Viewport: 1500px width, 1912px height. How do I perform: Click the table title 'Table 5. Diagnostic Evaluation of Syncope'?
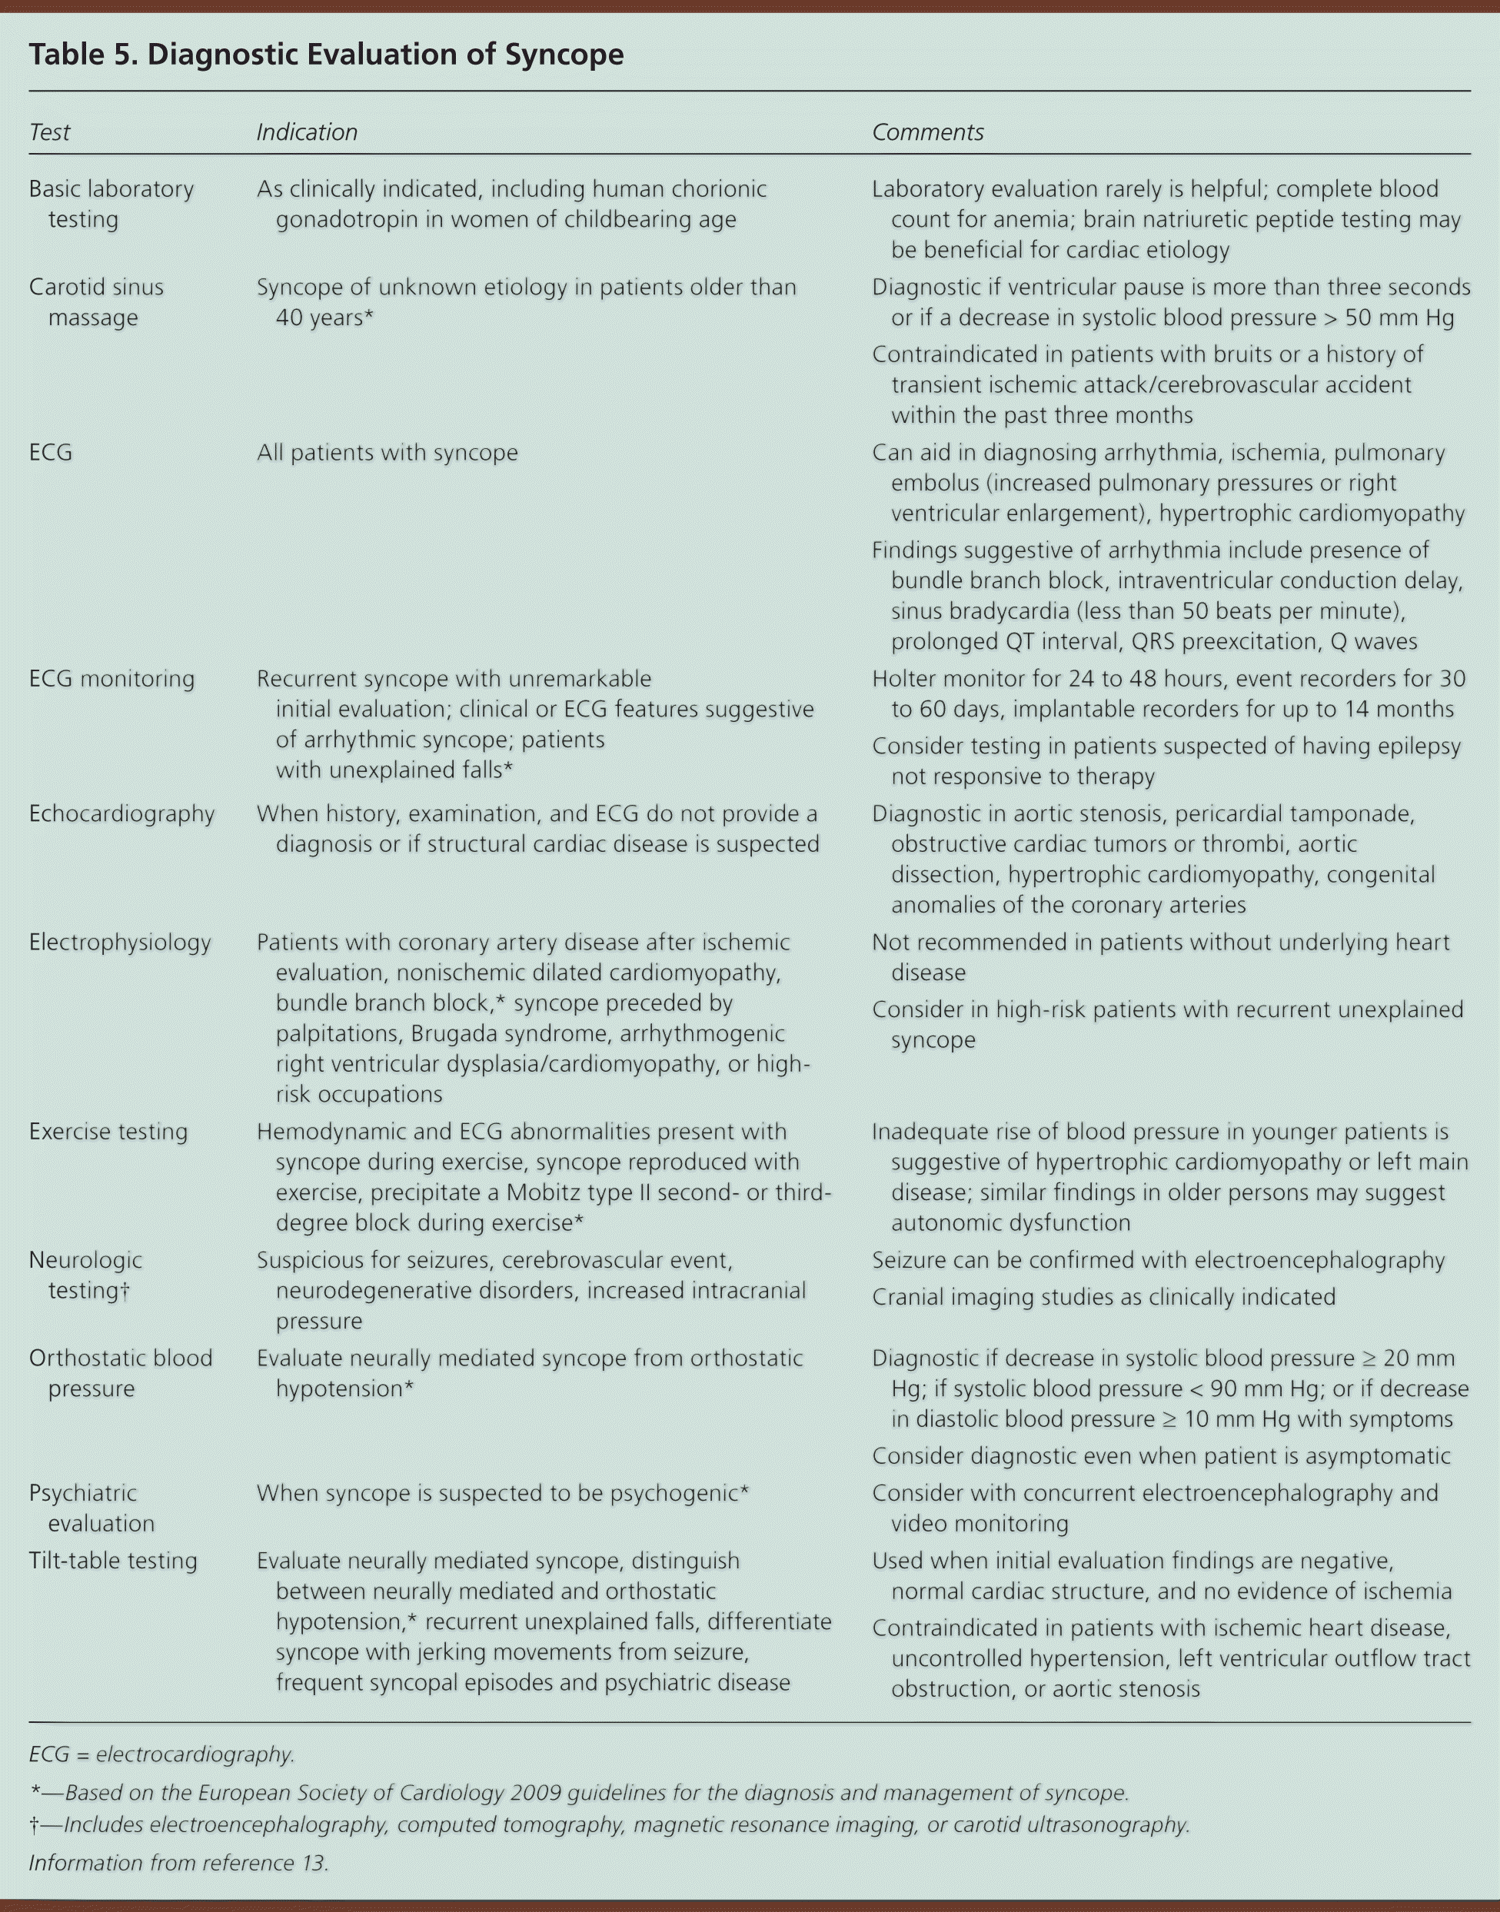[x=326, y=55]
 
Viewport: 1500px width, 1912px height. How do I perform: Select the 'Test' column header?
[x=49, y=131]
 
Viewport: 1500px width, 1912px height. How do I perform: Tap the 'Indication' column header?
[x=307, y=131]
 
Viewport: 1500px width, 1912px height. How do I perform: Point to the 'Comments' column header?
[x=927, y=131]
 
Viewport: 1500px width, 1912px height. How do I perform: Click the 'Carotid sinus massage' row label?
[x=96, y=301]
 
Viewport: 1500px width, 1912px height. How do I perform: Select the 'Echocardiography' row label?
[x=121, y=813]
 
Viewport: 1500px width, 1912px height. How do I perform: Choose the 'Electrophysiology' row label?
[x=119, y=943]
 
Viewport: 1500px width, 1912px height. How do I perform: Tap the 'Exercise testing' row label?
[x=108, y=1131]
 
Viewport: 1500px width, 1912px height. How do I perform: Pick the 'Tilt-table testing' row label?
[x=112, y=1560]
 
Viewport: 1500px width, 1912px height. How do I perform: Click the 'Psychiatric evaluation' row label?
[x=91, y=1507]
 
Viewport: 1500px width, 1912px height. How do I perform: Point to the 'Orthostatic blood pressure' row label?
[x=120, y=1373]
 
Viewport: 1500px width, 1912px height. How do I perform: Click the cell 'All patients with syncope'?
[x=387, y=452]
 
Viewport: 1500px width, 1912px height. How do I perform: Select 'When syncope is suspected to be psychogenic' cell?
[x=502, y=1492]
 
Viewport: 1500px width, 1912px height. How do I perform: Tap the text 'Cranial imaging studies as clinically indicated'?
[x=1103, y=1297]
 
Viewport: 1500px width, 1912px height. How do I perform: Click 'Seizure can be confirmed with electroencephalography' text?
[x=1158, y=1260]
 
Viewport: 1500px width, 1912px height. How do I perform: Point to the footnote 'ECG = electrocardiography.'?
[x=161, y=1754]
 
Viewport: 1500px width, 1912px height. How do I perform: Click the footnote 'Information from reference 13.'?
[x=178, y=1863]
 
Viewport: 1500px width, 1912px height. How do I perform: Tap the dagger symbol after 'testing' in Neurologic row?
[x=125, y=1290]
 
